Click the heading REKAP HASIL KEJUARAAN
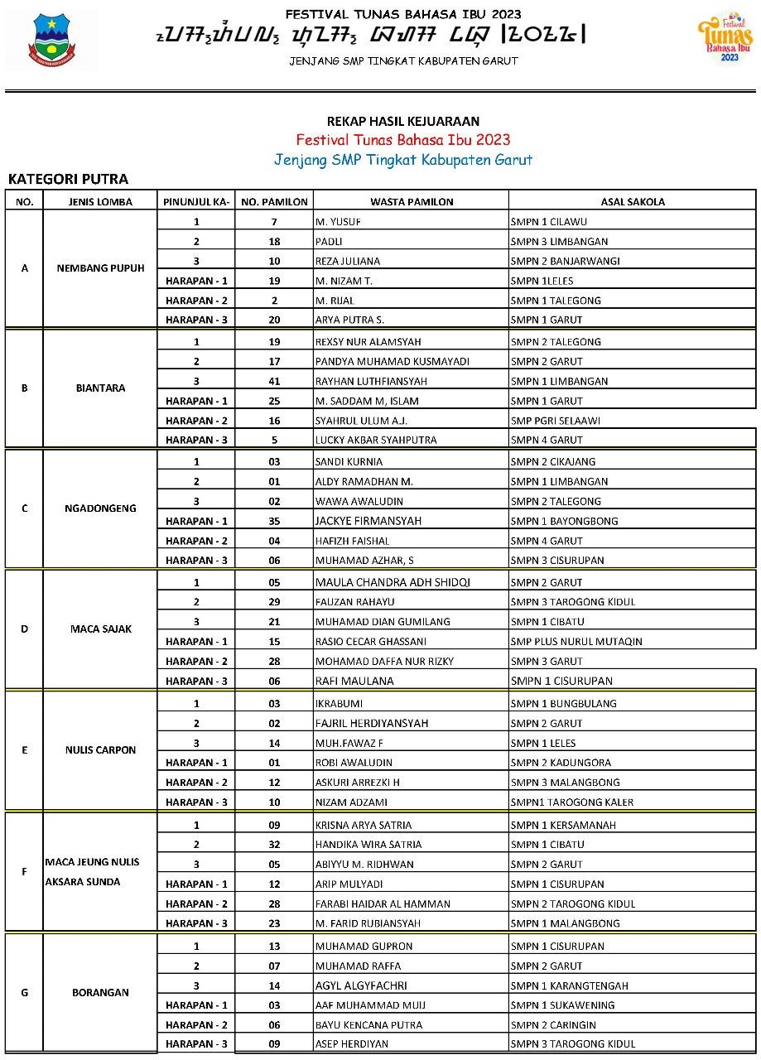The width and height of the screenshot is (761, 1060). pos(403,122)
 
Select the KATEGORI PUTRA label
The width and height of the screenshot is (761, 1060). pos(68,179)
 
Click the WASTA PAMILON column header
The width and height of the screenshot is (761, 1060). pos(412,201)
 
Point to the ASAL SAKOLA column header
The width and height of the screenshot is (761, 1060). pos(632,201)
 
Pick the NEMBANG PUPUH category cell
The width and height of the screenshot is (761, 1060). pos(100,268)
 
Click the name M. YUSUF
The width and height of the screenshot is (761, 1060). pos(338,222)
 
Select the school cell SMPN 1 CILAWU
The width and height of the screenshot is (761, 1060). pos(551,222)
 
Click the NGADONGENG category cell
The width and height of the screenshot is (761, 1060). pos(100,508)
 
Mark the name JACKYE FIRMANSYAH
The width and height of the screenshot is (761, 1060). pos(368,521)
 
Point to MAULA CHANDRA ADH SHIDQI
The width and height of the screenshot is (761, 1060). pos(393,582)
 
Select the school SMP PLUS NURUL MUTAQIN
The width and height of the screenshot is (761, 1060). pos(576,642)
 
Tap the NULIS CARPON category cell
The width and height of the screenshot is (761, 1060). pos(100,750)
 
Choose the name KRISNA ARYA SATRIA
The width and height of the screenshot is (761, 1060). pos(364,826)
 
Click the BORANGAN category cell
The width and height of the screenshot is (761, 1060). pos(100,992)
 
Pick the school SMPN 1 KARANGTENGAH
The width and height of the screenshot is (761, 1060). pos(570,986)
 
